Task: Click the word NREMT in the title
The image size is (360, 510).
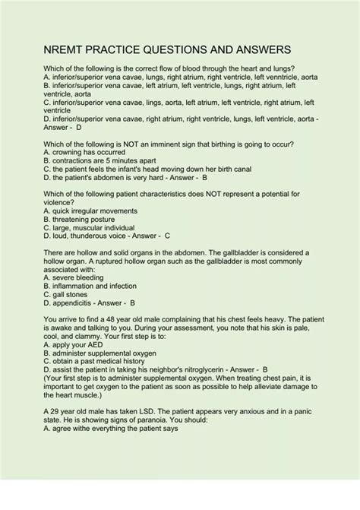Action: (x=64, y=49)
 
